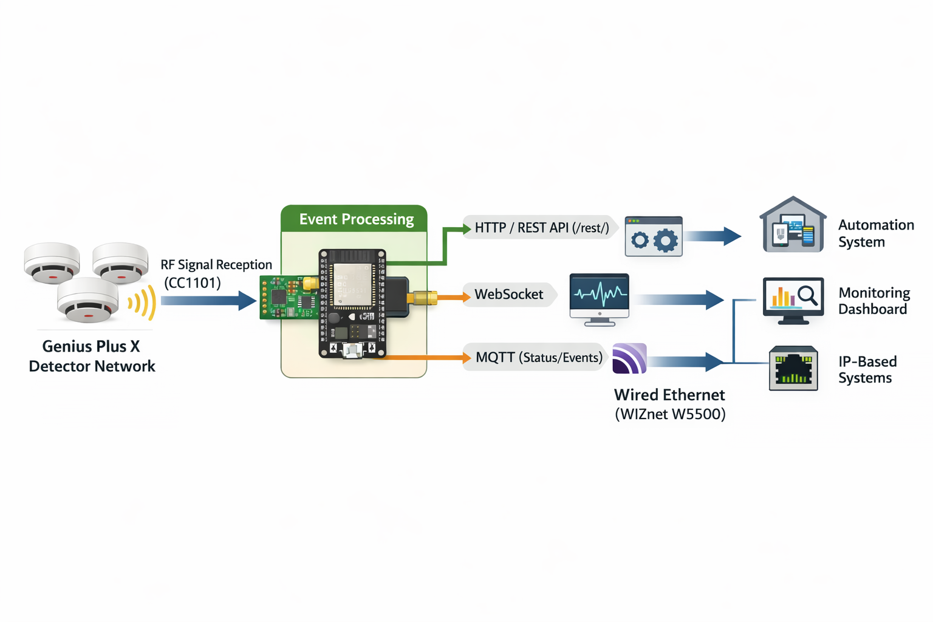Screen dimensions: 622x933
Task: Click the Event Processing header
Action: (356, 219)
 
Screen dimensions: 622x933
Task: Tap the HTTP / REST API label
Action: (541, 228)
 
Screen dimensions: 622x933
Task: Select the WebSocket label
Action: (509, 295)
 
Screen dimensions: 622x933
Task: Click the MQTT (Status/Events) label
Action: (538, 357)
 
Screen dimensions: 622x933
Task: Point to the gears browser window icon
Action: (654, 236)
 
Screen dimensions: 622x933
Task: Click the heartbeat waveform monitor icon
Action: (599, 298)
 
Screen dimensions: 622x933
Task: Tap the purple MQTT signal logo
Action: (629, 358)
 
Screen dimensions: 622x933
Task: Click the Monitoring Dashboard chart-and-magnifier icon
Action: (793, 300)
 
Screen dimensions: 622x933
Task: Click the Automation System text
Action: (875, 233)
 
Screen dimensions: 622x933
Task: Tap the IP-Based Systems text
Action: (867, 369)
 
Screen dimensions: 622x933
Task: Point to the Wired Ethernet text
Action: (669, 395)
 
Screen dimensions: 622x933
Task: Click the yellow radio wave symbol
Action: (142, 302)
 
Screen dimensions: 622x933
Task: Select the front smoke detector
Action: (88, 300)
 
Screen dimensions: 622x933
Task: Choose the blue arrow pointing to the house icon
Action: (713, 236)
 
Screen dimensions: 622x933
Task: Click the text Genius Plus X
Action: (91, 346)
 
